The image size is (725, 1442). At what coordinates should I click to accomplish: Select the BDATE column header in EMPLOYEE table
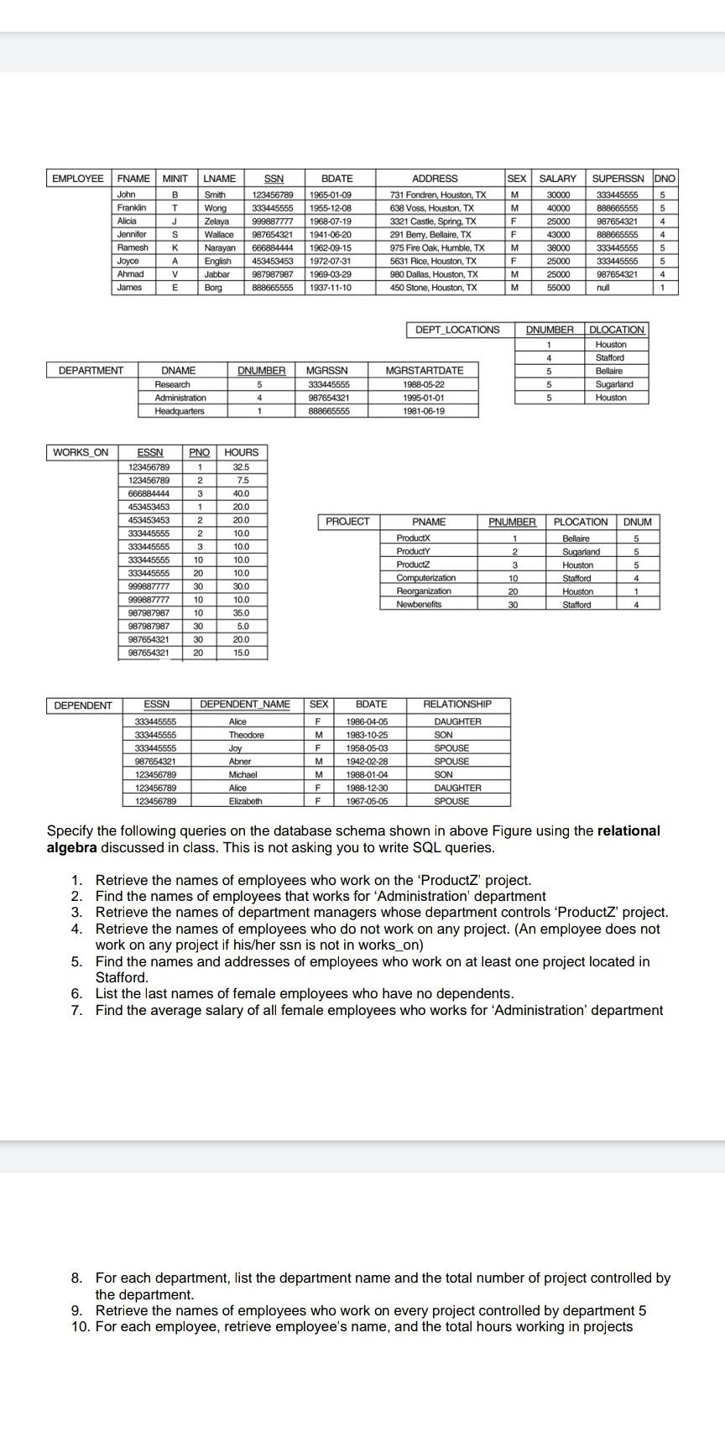coord(337,179)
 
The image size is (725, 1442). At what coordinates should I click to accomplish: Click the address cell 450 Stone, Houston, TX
coord(434,288)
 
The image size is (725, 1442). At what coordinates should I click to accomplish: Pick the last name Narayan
coord(221,247)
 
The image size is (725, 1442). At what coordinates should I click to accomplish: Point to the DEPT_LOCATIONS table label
coord(457,330)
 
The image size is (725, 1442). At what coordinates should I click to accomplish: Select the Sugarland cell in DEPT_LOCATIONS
coord(614,384)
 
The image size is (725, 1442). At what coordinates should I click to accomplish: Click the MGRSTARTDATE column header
coord(424,370)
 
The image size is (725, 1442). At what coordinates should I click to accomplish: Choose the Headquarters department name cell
coord(179,411)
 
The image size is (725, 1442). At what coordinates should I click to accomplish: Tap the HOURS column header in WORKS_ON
coord(242,452)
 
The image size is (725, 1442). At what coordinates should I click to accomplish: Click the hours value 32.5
coord(241,466)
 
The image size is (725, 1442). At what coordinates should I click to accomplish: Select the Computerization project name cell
coord(426,578)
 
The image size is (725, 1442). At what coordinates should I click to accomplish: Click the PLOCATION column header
coord(581,522)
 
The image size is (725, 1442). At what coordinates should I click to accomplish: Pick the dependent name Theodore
coord(246,735)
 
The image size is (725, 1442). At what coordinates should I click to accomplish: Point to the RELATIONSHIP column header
coord(457,705)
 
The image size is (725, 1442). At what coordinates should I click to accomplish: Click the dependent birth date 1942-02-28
coord(367,762)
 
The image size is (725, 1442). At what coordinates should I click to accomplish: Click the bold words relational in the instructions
coord(629,831)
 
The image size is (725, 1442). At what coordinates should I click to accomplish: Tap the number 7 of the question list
coord(76,1010)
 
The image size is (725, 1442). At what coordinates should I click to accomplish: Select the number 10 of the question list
coord(80,1326)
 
